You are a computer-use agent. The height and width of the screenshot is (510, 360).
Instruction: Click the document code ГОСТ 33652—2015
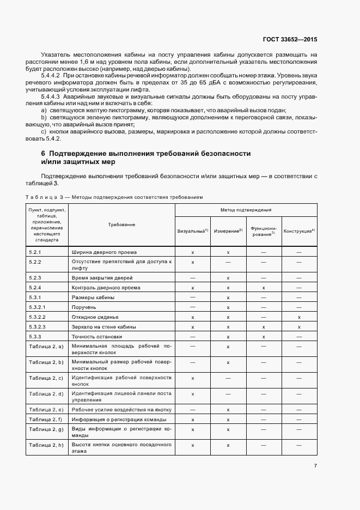click(290, 40)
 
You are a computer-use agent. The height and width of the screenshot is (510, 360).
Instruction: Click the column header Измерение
click(228, 231)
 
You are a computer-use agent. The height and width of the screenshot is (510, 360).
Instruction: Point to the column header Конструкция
click(299, 231)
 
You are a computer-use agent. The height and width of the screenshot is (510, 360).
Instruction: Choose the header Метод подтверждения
click(246, 209)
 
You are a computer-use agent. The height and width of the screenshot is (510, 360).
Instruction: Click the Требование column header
click(122, 224)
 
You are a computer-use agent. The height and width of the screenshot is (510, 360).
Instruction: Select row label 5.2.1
click(35, 252)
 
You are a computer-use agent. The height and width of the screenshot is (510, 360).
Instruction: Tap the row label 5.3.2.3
click(38, 327)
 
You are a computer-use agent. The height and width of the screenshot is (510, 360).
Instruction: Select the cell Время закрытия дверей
click(102, 278)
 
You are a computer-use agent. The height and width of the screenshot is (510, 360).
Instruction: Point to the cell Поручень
click(85, 307)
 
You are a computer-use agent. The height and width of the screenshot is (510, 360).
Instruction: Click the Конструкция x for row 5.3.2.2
click(300, 317)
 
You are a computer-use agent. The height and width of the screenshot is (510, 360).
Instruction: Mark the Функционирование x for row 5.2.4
click(264, 288)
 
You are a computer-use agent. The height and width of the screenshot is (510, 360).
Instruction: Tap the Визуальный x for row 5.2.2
click(193, 262)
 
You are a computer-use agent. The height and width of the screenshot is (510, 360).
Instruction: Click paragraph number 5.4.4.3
click(53, 96)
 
